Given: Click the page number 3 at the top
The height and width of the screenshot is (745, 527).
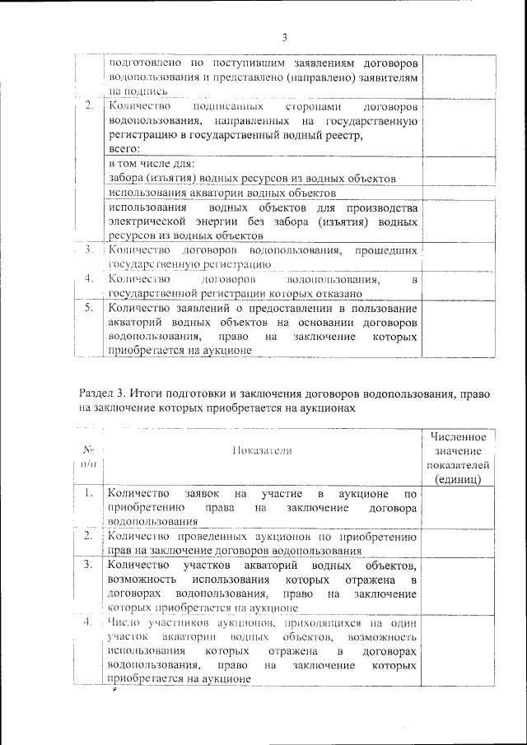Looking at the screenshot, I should pyautogui.click(x=284, y=37).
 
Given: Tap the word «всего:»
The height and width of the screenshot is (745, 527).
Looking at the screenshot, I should pyautogui.click(x=124, y=149).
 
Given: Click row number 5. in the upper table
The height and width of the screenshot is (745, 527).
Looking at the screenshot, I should pyautogui.click(x=89, y=308).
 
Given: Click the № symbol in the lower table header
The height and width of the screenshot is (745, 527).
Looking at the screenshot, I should pyautogui.click(x=88, y=449).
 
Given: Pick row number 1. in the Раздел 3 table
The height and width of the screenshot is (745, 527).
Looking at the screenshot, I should pyautogui.click(x=88, y=494).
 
